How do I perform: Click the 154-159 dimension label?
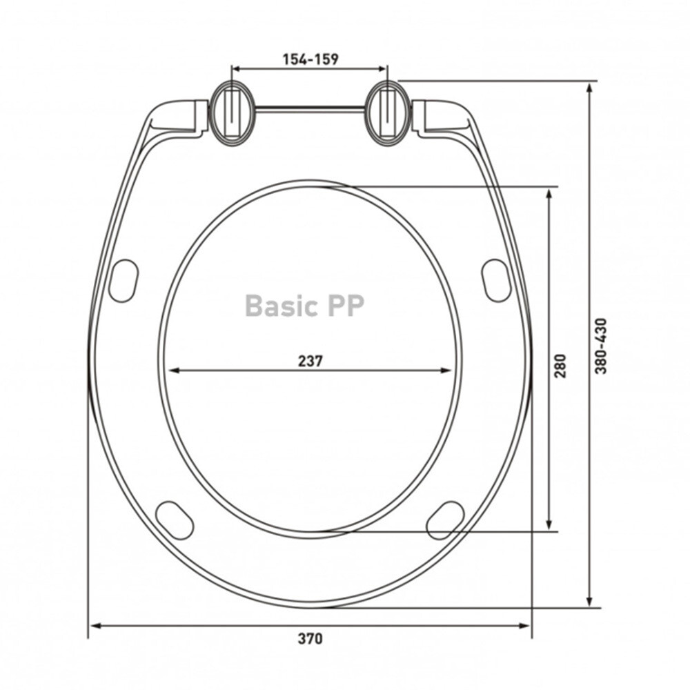click(310, 59)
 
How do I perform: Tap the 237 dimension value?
click(310, 361)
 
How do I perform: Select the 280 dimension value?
click(560, 365)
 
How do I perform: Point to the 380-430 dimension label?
click(601, 346)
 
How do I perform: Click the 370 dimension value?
click(310, 638)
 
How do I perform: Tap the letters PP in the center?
click(344, 306)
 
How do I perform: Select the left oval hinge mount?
click(233, 114)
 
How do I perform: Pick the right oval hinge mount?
click(388, 114)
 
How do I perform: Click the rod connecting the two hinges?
click(310, 108)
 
